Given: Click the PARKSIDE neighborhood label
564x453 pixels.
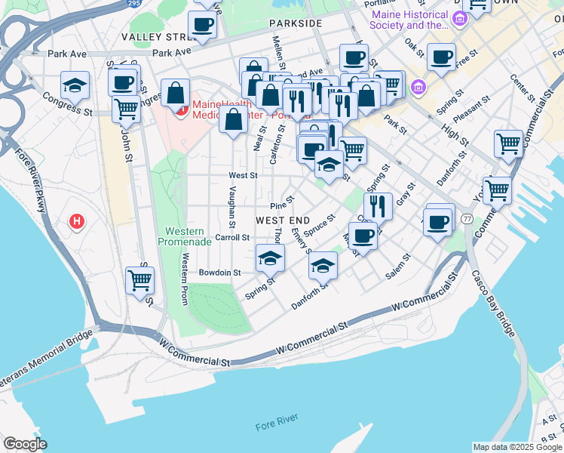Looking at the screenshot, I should click(296, 23).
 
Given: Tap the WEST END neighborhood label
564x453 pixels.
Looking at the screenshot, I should click(283, 220).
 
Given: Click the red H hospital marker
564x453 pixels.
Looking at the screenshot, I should click(76, 222).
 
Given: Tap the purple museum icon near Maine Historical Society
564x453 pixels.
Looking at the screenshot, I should click(418, 89).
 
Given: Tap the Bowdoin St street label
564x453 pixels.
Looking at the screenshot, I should click(219, 273).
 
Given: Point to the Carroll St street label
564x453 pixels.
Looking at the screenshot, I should click(232, 237).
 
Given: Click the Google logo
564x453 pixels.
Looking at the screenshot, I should click(26, 444).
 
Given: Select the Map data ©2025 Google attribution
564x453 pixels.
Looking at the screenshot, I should click(517, 447).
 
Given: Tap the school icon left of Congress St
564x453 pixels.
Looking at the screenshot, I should click(75, 86).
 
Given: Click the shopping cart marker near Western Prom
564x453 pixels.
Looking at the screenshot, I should click(139, 280).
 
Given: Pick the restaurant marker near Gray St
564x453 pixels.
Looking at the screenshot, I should click(378, 205).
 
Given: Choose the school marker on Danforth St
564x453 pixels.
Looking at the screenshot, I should click(323, 264).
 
